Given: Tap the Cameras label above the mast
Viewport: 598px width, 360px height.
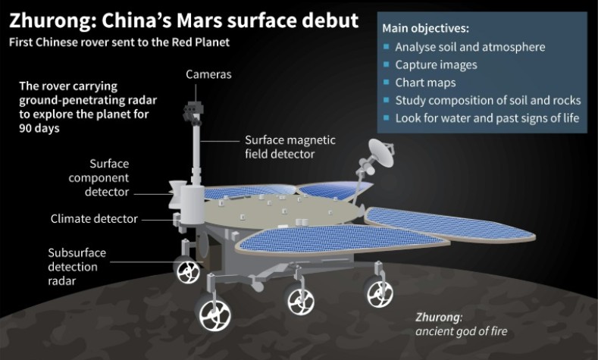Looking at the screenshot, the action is [208, 74].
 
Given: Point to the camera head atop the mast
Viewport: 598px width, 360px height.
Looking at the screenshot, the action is [193, 113].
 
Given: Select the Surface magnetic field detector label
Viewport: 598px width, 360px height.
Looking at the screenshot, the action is [290, 147].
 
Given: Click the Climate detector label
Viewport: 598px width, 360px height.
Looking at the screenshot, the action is [94, 219].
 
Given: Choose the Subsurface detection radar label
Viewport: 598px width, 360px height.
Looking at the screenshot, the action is [77, 267].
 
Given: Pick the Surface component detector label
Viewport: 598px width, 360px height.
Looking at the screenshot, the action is [99, 177].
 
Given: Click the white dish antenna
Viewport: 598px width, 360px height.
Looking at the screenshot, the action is [381, 152].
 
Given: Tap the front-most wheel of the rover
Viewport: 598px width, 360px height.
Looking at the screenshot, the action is [214, 313].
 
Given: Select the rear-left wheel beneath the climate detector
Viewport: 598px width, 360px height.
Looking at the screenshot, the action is [188, 270].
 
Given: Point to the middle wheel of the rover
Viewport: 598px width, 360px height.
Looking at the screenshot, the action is [301, 299].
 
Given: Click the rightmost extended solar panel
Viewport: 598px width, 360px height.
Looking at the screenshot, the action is [450, 225].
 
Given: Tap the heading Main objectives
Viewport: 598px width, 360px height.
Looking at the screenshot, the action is [425, 29].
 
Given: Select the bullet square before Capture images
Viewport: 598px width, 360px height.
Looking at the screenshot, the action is [387, 64].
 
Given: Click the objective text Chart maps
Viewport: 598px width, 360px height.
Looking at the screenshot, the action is [425, 83].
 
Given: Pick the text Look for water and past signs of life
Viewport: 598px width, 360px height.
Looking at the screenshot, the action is [487, 118].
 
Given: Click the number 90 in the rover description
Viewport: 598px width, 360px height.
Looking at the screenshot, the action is [26, 128].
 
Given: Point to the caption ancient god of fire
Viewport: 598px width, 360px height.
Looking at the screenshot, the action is [462, 331].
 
